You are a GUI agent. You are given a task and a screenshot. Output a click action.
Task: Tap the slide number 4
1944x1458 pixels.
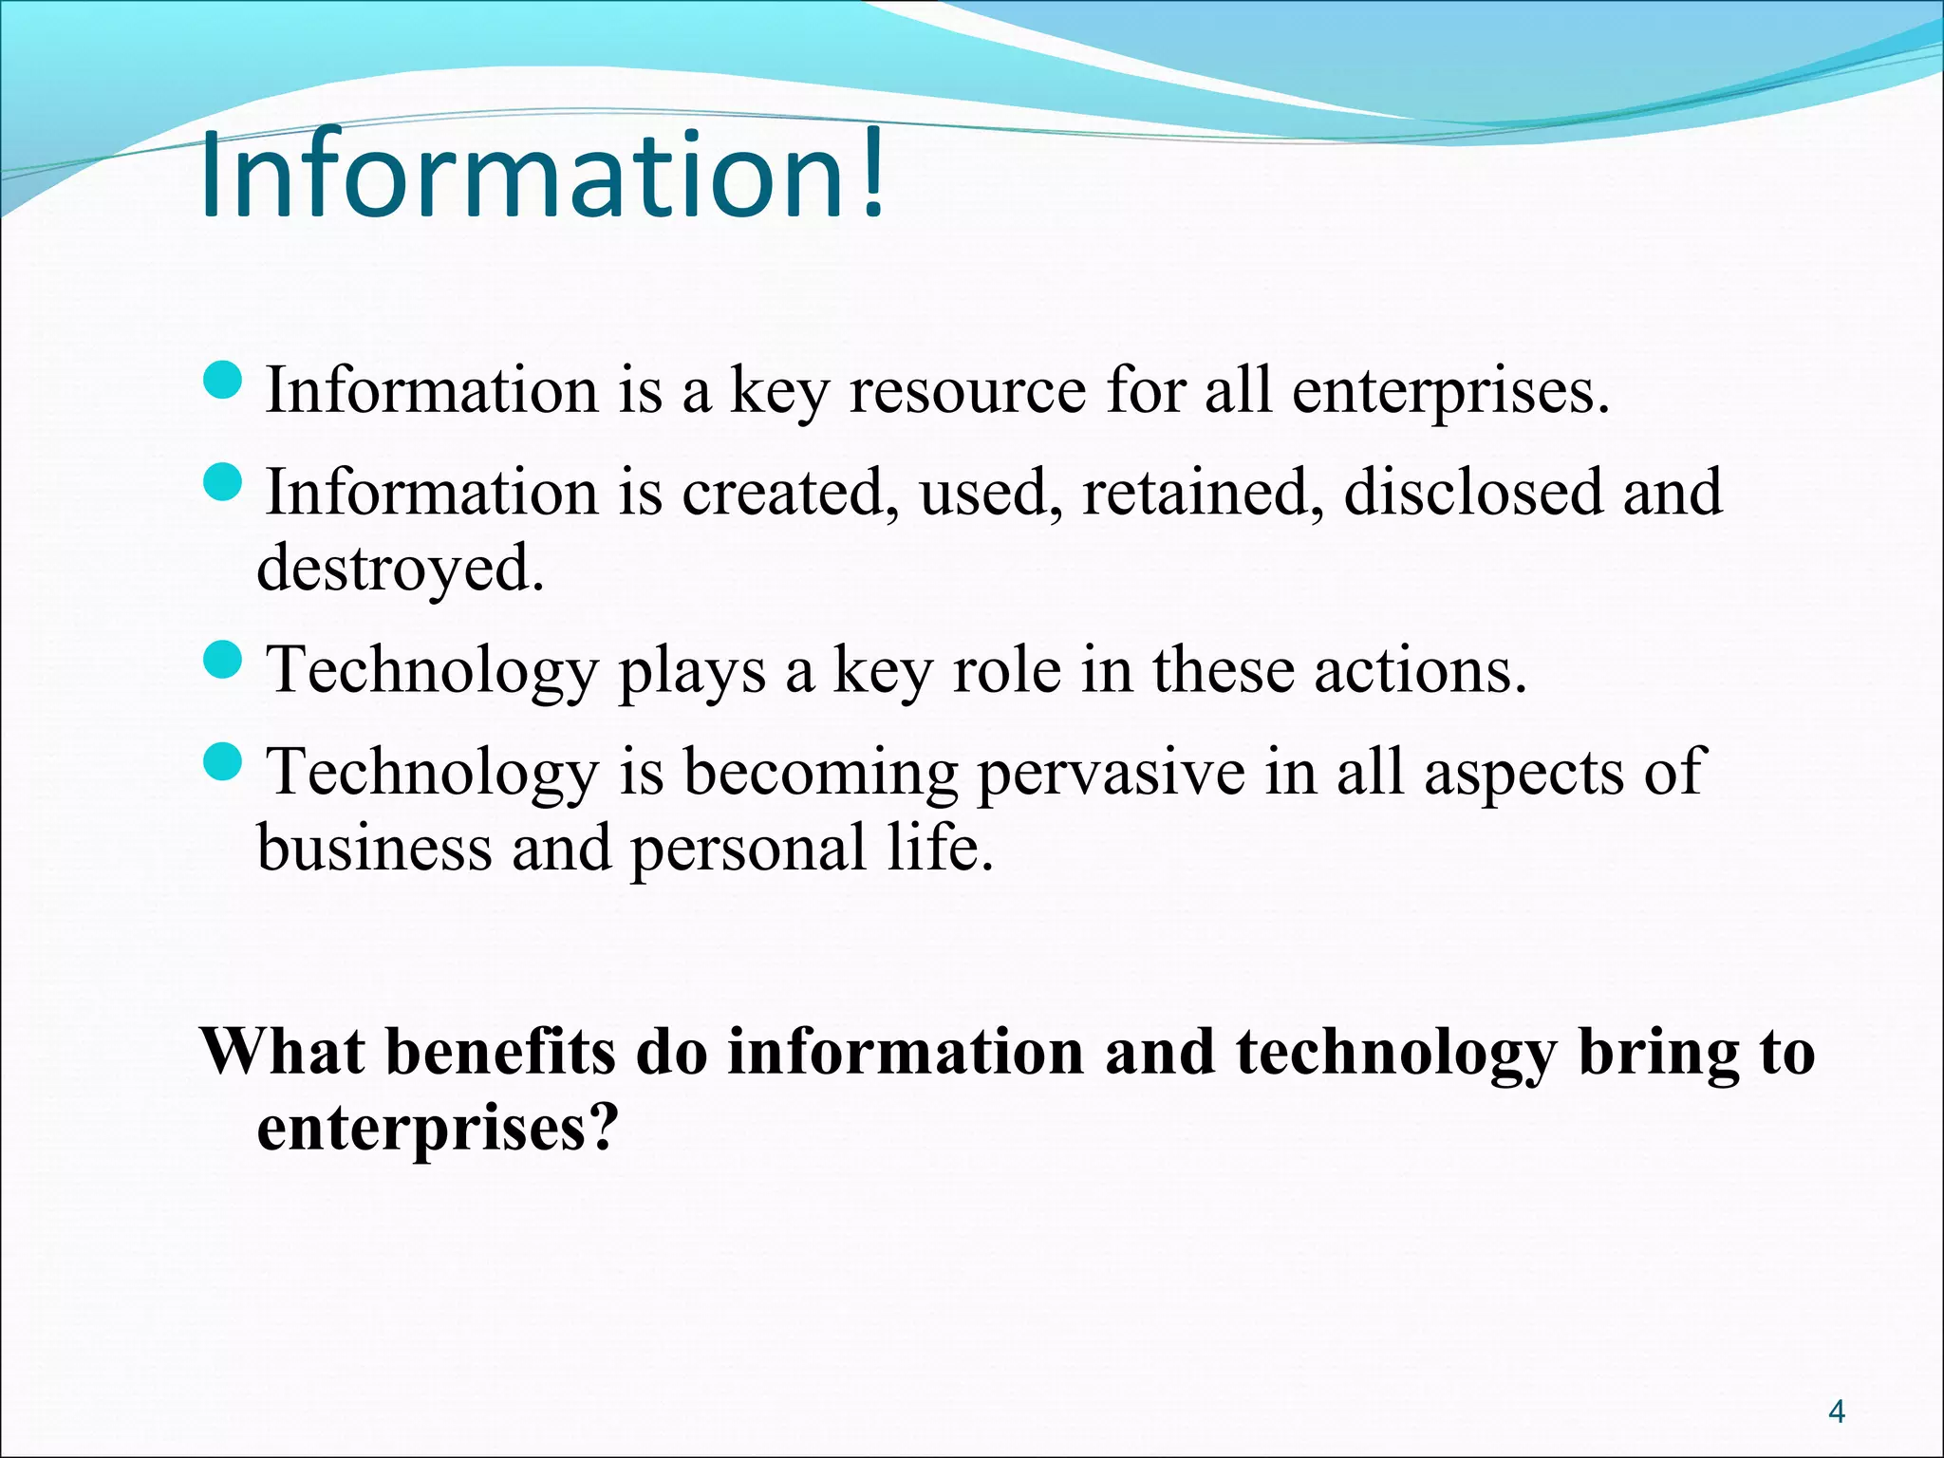tap(1837, 1412)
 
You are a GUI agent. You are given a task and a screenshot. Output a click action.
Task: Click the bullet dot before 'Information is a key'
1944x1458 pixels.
tap(224, 381)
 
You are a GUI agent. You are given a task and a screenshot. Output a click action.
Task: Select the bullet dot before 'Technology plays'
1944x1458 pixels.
tap(224, 660)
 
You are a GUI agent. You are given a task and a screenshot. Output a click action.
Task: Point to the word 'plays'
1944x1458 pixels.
tap(692, 672)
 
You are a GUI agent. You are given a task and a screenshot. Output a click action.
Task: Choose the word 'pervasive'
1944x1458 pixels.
tap(1111, 774)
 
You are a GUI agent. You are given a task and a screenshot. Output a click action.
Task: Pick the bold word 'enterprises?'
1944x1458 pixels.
tap(438, 1130)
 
